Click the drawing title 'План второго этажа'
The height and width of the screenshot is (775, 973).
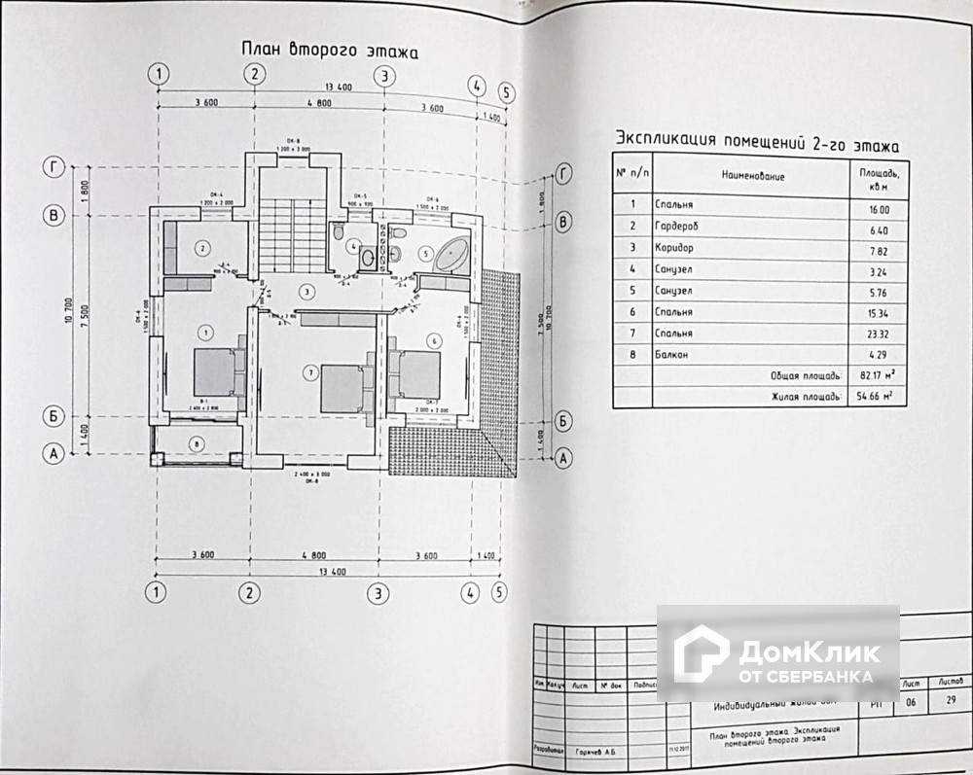[328, 52]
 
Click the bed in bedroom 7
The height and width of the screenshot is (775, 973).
[342, 388]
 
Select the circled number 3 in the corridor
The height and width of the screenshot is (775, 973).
[306, 291]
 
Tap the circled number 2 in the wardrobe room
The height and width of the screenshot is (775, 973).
[201, 249]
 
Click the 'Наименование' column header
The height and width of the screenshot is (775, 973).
[753, 176]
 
